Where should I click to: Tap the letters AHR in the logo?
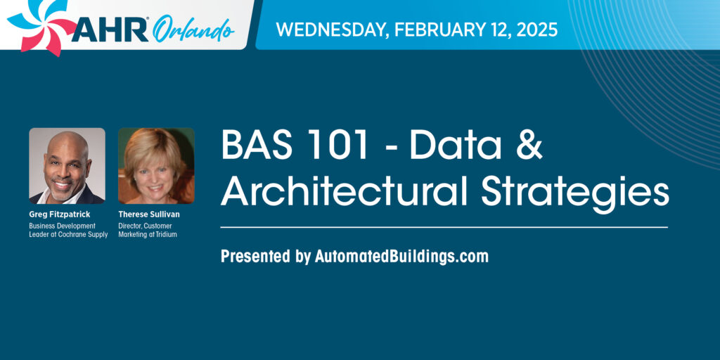tap(110, 31)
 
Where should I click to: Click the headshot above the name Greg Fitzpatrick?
tap(67, 166)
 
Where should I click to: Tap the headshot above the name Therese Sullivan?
tap(156, 166)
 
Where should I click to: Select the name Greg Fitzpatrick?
tap(60, 214)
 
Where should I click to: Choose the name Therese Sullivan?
tap(149, 214)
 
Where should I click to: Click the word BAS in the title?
tap(252, 145)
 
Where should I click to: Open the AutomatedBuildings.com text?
tap(401, 257)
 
